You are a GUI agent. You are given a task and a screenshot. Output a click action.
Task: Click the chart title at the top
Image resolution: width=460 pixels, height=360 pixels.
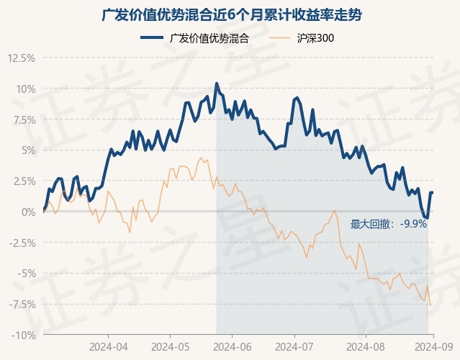pyautogui.click(x=230, y=14)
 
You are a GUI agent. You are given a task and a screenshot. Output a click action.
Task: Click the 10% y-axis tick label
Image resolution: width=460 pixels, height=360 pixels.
pyautogui.click(x=24, y=89)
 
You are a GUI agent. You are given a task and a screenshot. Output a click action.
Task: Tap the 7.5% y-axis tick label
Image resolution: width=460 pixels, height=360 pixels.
pyautogui.click(x=22, y=120)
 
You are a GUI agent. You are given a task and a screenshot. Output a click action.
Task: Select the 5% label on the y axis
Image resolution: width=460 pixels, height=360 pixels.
pyautogui.click(x=27, y=150)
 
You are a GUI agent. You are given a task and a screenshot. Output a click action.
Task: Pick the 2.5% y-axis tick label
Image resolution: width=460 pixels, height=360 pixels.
pyautogui.click(x=22, y=181)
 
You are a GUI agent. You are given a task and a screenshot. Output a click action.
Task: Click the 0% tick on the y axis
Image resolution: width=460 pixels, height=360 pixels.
pyautogui.click(x=27, y=212)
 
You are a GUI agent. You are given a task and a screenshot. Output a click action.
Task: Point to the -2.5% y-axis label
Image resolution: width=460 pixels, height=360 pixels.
pyautogui.click(x=20, y=243)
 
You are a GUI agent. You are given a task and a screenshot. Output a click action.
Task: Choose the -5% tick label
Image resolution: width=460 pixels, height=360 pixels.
pyautogui.click(x=24, y=274)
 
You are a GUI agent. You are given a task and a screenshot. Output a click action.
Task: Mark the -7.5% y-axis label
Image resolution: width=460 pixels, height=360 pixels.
pyautogui.click(x=20, y=304)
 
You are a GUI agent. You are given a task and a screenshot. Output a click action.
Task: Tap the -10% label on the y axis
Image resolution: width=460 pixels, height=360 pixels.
pyautogui.click(x=22, y=335)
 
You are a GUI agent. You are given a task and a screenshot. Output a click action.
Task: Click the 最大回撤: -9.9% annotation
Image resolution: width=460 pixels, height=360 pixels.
pyautogui.click(x=389, y=224)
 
